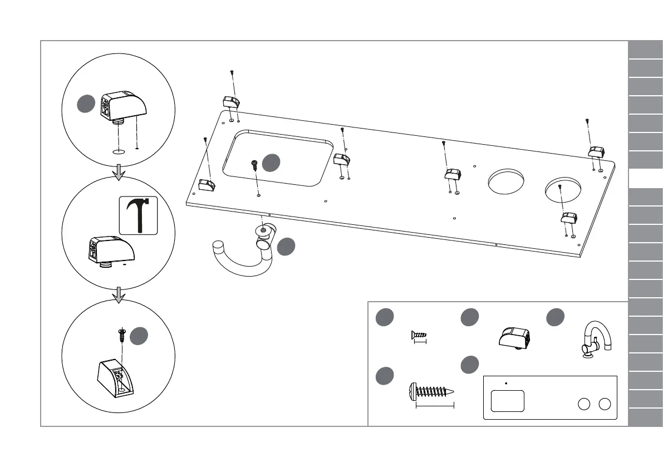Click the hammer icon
point(139,215)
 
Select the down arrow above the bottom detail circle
point(118,295)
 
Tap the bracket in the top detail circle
point(122,106)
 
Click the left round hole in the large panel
point(506,181)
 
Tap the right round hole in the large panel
point(563,189)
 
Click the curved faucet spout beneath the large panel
point(242,256)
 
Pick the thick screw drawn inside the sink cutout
point(254,165)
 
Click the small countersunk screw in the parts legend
point(419,335)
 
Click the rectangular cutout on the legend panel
point(508,400)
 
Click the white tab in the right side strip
point(646,179)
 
